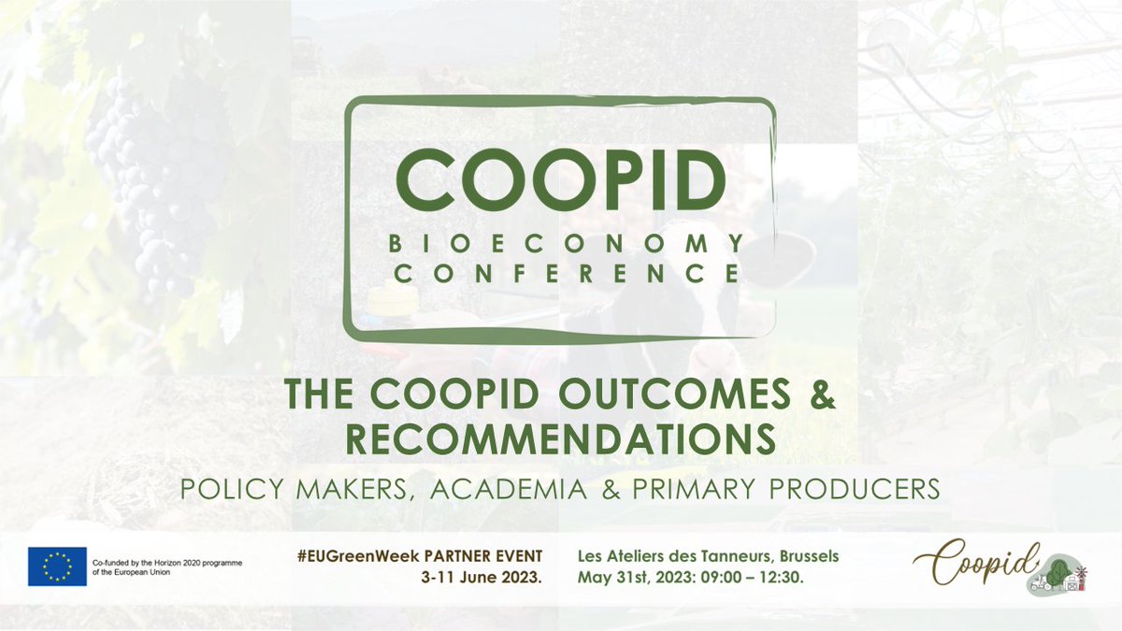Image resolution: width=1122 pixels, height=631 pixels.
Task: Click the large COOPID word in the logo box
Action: point(559,179)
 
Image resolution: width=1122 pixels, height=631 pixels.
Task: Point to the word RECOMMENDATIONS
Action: point(559,437)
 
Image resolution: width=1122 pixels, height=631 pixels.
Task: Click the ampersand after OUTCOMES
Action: point(821,395)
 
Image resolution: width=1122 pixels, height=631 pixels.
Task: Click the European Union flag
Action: point(57,566)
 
